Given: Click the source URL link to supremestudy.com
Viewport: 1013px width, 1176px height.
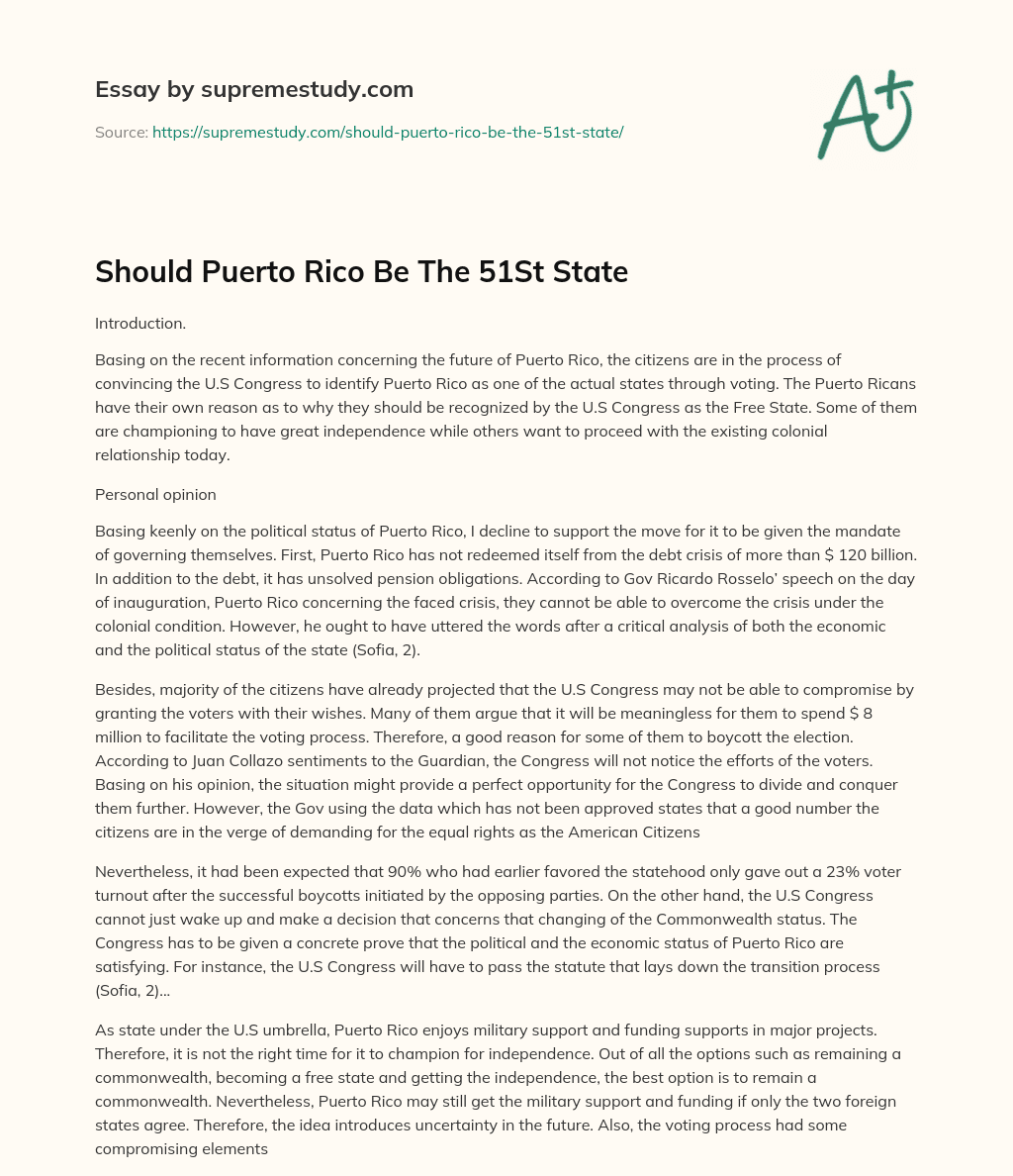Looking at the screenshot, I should coord(388,132).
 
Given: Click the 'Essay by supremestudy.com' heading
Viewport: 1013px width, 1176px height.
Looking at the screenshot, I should coord(254,90).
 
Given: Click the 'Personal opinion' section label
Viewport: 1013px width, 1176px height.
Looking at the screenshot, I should coord(154,494).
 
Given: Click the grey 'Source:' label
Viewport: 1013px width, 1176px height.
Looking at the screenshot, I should coord(122,132).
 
